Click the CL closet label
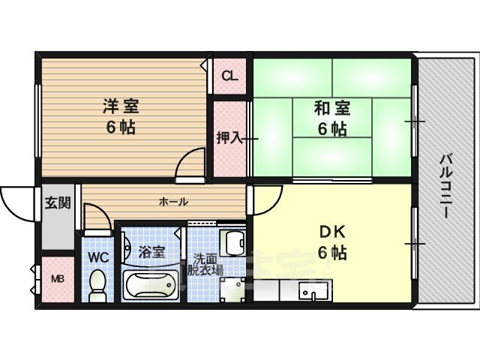tap(229, 76)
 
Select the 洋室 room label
tap(121, 106)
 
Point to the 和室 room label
tap(332, 108)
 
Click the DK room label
tap(332, 232)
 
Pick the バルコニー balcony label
tap(445, 187)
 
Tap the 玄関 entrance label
tap(58, 202)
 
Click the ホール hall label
tap(173, 202)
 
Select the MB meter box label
tap(58, 279)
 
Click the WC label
tap(98, 257)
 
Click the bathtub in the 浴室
tap(151, 285)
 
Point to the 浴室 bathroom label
tap(151, 252)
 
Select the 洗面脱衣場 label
tap(205, 265)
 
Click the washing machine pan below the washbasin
tap(233, 289)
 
